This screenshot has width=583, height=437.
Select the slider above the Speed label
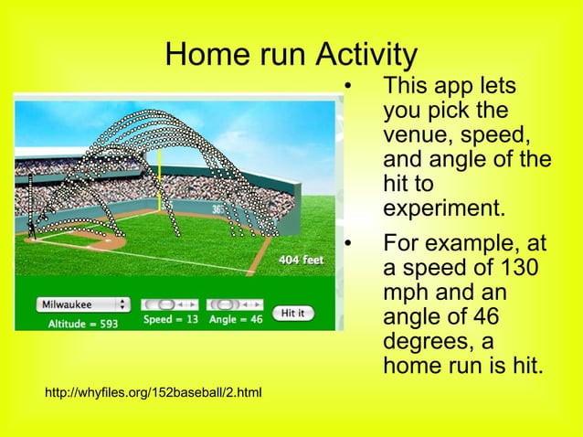pos(168,304)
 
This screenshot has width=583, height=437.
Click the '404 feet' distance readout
pos(301,260)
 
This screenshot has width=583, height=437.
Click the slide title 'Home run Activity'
pos(291,54)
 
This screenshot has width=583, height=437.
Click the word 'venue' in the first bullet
pos(415,137)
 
